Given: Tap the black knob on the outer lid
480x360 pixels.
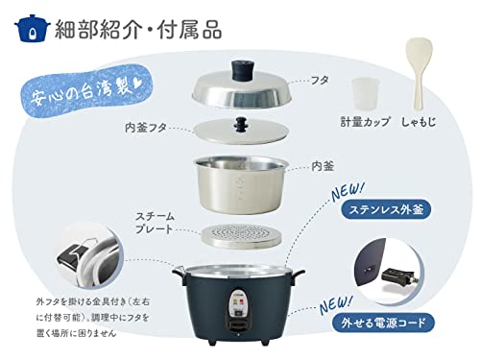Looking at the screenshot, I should [240, 72].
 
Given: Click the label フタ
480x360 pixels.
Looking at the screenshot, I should [318, 82].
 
